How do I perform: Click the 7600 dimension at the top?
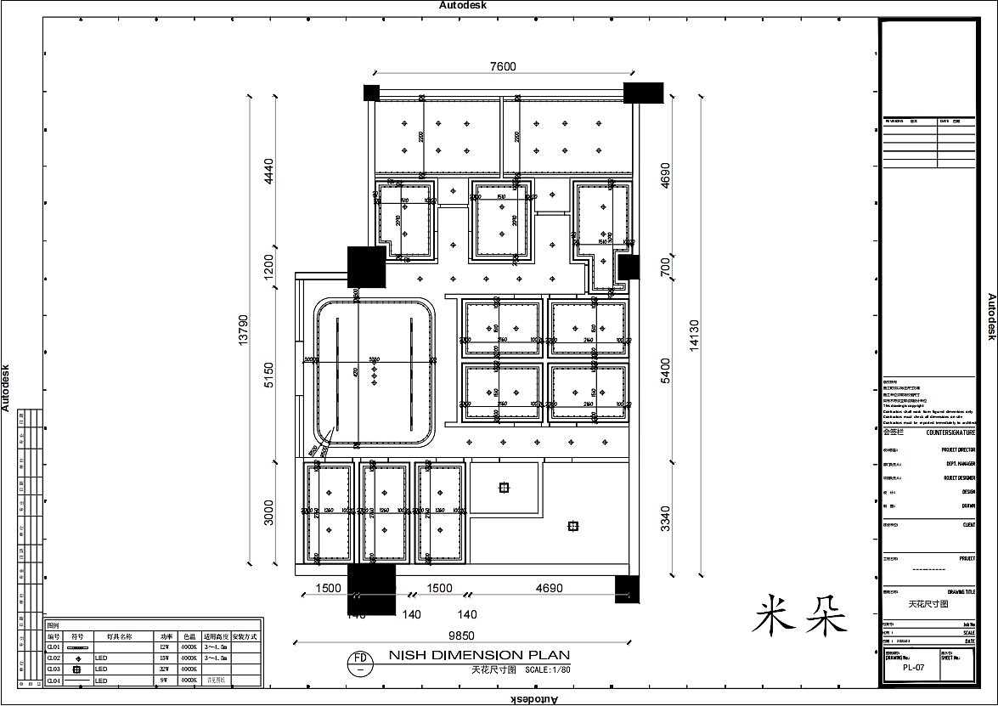(x=503, y=68)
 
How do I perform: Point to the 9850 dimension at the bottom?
(x=461, y=635)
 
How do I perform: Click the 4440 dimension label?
(x=269, y=171)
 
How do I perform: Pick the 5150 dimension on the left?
(x=269, y=376)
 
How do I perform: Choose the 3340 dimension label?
(x=665, y=518)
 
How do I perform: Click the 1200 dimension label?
(x=269, y=267)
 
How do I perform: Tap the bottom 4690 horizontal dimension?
(x=550, y=588)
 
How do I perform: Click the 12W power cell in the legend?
(x=166, y=647)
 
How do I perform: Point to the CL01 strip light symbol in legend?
(x=77, y=647)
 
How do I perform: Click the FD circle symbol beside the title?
(x=360, y=662)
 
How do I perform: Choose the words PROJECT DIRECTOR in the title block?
(x=958, y=450)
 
